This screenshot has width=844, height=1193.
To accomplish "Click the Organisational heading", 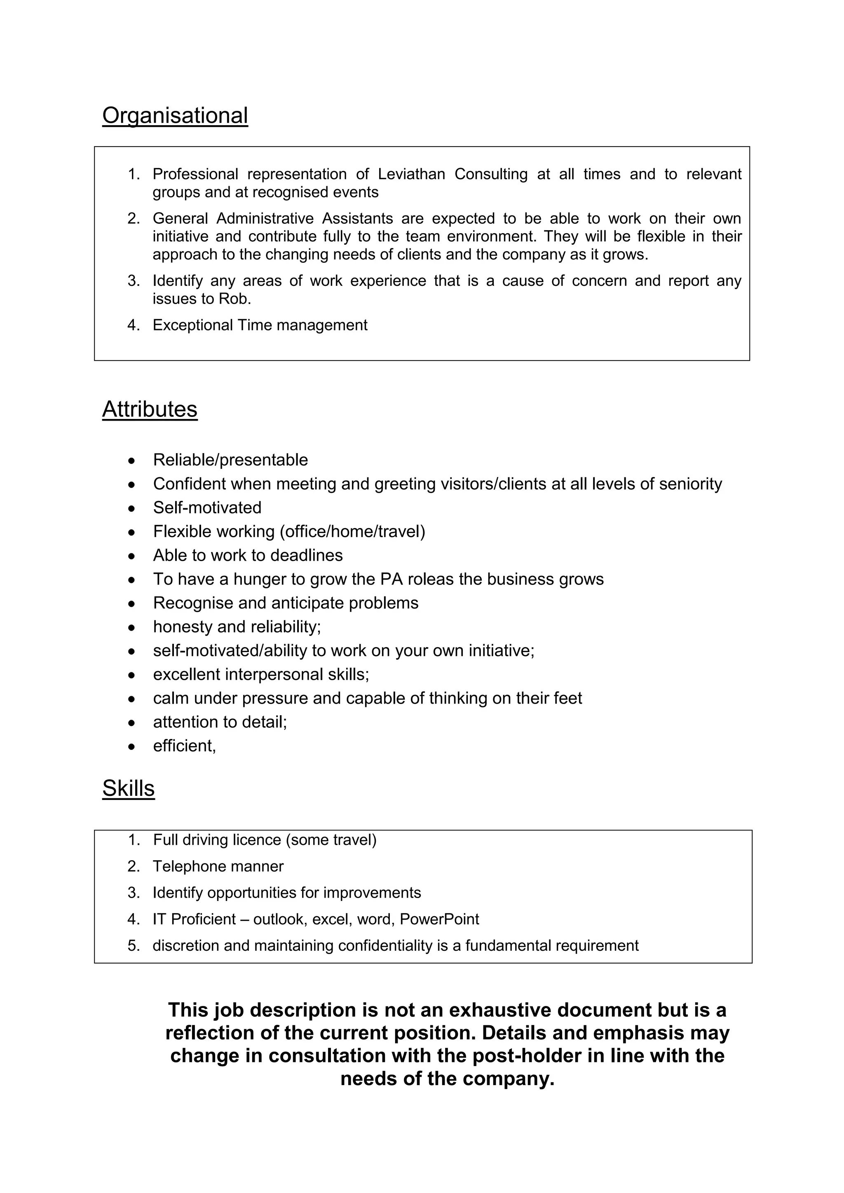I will pos(175,115).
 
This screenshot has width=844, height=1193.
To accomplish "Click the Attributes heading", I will pos(150,409).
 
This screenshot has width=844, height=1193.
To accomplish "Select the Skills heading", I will pos(128,788).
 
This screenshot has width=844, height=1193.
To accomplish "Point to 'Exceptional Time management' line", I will pos(260,325).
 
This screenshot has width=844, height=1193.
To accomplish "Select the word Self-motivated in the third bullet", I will pos(207,508).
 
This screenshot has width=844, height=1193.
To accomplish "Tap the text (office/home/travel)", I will pos(352,531).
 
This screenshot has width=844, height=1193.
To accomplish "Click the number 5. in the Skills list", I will pos(134,946).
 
